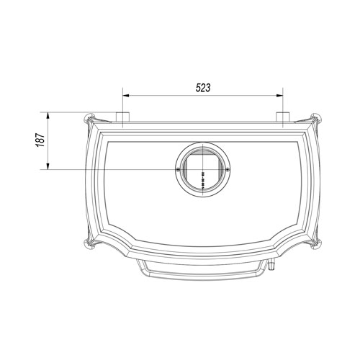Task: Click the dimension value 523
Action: tap(203, 88)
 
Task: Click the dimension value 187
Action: tap(41, 140)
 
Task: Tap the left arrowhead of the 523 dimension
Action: tap(126, 96)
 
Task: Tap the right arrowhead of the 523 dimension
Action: tap(280, 96)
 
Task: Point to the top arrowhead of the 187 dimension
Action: tap(48, 116)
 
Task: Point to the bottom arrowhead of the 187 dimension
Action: tap(48, 166)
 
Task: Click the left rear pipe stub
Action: tap(122, 117)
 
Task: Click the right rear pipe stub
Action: tap(283, 117)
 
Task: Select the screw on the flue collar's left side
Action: tap(177, 169)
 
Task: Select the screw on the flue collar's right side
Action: tap(228, 169)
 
